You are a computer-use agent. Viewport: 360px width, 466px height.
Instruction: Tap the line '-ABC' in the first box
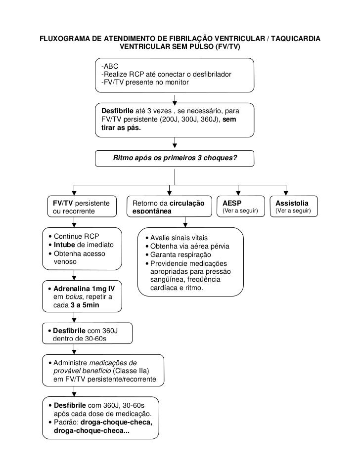click(x=109, y=66)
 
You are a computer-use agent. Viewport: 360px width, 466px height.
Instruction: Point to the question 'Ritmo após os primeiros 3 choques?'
click(x=175, y=159)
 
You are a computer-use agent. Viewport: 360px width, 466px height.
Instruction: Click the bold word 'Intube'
click(x=64, y=245)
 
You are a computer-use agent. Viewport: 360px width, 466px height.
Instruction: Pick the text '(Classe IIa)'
click(x=131, y=371)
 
